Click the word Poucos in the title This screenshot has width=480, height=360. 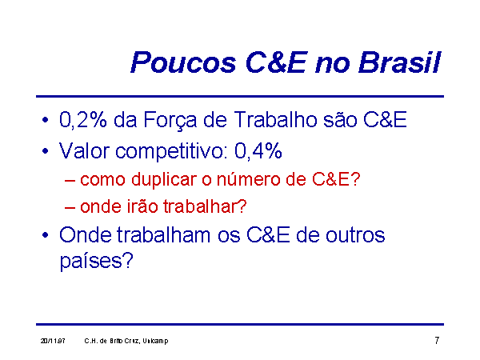click(x=183, y=62)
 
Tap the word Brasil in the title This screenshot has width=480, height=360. click(x=399, y=62)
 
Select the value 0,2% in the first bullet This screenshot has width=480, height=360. click(x=83, y=120)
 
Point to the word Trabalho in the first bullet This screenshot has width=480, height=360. click(x=276, y=119)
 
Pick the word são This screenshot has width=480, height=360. click(x=340, y=120)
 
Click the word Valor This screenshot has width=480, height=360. click(x=84, y=150)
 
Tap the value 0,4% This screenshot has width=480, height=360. click(x=258, y=150)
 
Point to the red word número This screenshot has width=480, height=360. click(x=249, y=179)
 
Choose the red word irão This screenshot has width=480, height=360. click(x=142, y=206)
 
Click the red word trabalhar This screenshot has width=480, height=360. click(x=205, y=206)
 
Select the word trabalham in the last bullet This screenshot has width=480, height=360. click(x=163, y=235)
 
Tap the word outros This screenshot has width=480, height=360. click(x=355, y=236)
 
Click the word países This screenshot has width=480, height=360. click(x=96, y=262)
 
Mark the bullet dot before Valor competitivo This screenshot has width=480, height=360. click(x=46, y=151)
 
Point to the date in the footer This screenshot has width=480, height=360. click(x=53, y=341)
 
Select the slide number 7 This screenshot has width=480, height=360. click(x=437, y=340)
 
